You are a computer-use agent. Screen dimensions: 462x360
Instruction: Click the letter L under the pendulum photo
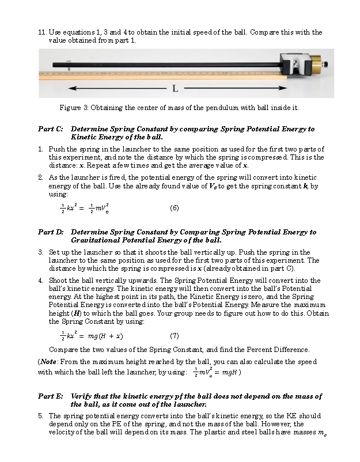click(x=175, y=89)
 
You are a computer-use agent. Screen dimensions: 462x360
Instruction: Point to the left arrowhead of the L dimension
click(x=72, y=89)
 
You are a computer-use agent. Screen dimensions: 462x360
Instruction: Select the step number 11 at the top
click(x=41, y=32)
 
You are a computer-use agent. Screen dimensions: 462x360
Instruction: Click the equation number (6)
click(x=175, y=208)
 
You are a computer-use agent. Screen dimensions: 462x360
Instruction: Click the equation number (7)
click(x=175, y=335)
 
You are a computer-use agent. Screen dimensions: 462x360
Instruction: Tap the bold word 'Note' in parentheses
click(x=48, y=361)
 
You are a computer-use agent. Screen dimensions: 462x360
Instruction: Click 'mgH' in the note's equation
click(x=229, y=372)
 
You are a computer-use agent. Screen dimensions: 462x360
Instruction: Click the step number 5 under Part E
click(x=41, y=415)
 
